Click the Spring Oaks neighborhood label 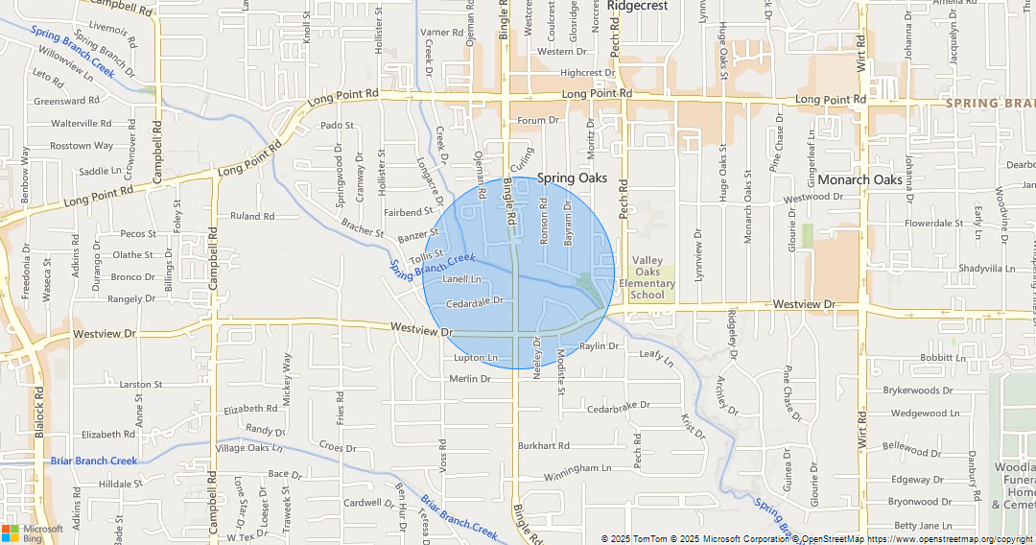(572, 178)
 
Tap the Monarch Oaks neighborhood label (861, 179)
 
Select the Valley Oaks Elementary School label (647, 277)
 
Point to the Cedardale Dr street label (474, 301)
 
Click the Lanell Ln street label (461, 279)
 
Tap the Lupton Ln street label (476, 358)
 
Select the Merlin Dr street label (470, 379)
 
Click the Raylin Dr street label (600, 345)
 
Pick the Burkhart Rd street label (544, 446)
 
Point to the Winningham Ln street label (577, 468)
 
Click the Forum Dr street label (538, 121)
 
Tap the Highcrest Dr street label (587, 73)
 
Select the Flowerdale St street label (934, 224)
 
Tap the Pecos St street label (138, 233)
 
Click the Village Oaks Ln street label (249, 448)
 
